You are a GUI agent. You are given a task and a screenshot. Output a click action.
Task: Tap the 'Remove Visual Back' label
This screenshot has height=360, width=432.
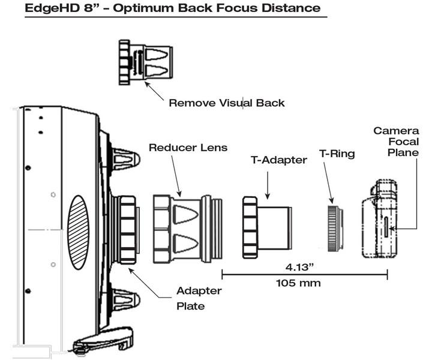click(x=226, y=103)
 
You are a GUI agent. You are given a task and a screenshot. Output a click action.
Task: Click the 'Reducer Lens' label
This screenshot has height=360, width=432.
click(x=180, y=147)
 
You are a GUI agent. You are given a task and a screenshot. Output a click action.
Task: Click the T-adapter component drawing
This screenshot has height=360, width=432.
click(x=267, y=226)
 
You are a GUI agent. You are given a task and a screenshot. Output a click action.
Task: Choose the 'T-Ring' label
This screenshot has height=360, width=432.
click(x=338, y=154)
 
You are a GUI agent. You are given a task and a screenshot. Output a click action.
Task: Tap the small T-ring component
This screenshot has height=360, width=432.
click(x=334, y=229)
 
